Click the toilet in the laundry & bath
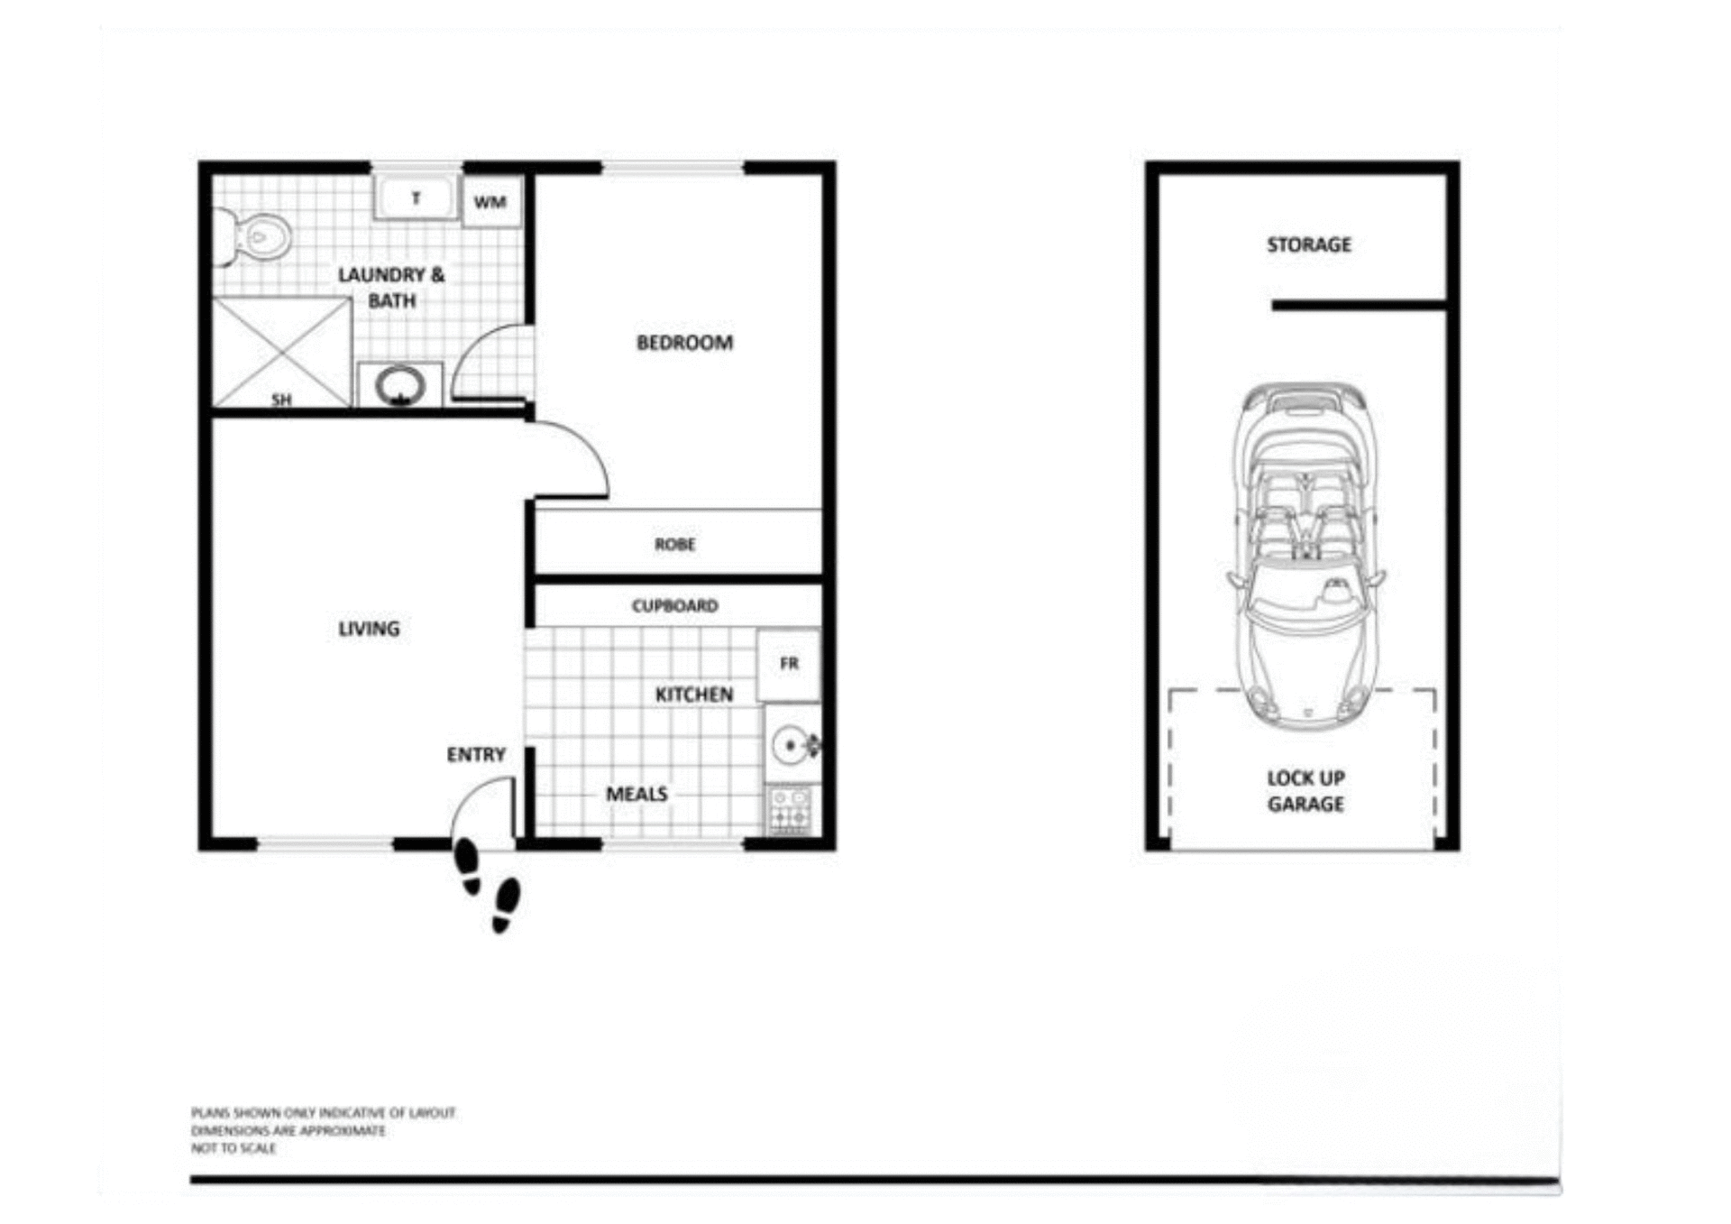coord(256,237)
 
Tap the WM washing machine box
coord(490,202)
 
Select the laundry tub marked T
coord(416,198)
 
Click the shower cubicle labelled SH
coord(281,354)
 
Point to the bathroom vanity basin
coord(400,386)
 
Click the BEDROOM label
coord(684,343)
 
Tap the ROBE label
coord(674,545)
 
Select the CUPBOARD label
coord(674,606)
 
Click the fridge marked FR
coord(789,665)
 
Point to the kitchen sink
coord(792,745)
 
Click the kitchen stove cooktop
coord(790,809)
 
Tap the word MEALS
coord(637,794)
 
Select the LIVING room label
coord(369,629)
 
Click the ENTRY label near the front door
coord(476,755)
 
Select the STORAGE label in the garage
coord(1308,244)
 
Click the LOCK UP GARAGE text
coord(1305,791)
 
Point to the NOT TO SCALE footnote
coord(234,1148)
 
